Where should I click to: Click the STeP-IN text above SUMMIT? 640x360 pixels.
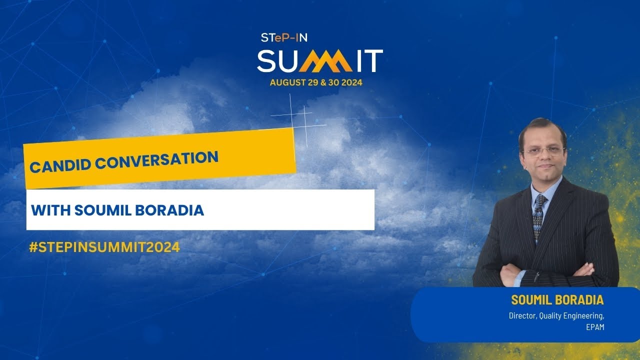click(284, 37)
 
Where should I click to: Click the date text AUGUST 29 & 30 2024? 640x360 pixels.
click(316, 83)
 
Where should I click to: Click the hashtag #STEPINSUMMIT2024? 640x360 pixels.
click(104, 247)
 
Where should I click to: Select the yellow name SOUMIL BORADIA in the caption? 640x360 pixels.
click(557, 300)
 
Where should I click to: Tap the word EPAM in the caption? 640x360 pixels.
click(595, 328)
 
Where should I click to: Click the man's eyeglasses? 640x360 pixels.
click(543, 150)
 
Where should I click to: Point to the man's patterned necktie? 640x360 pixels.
click(538, 215)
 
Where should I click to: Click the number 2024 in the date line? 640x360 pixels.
click(350, 83)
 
